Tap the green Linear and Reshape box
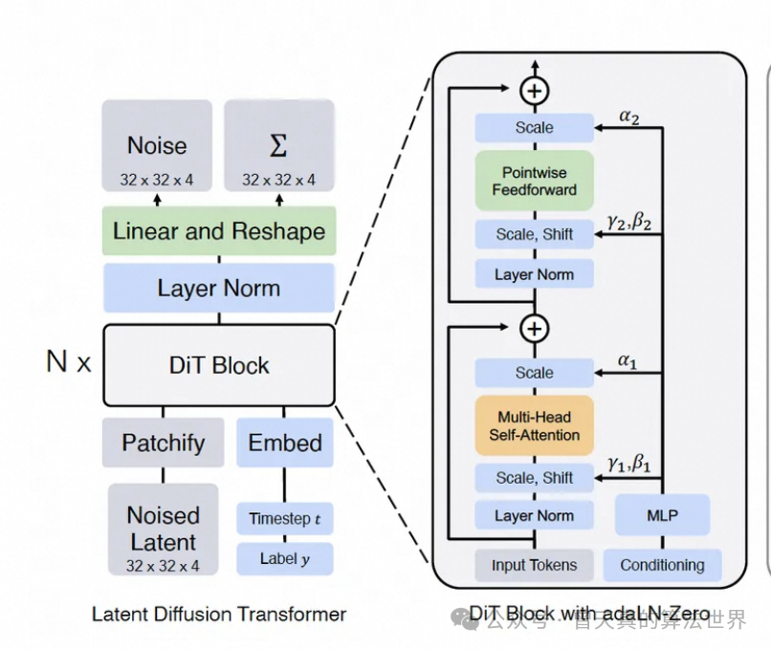click(219, 231)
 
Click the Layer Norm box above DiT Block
click(219, 288)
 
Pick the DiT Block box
click(219, 365)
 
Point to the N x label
click(69, 361)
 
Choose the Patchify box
click(163, 443)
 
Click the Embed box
click(285, 443)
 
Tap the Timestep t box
click(285, 519)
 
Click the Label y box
click(285, 559)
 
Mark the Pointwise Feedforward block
click(535, 181)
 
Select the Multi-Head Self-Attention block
click(535, 425)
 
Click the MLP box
click(662, 515)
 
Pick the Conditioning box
click(662, 565)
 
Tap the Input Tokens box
click(535, 565)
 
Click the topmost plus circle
click(535, 91)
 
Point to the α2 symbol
click(628, 117)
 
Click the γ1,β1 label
click(628, 464)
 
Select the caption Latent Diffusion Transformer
click(219, 614)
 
